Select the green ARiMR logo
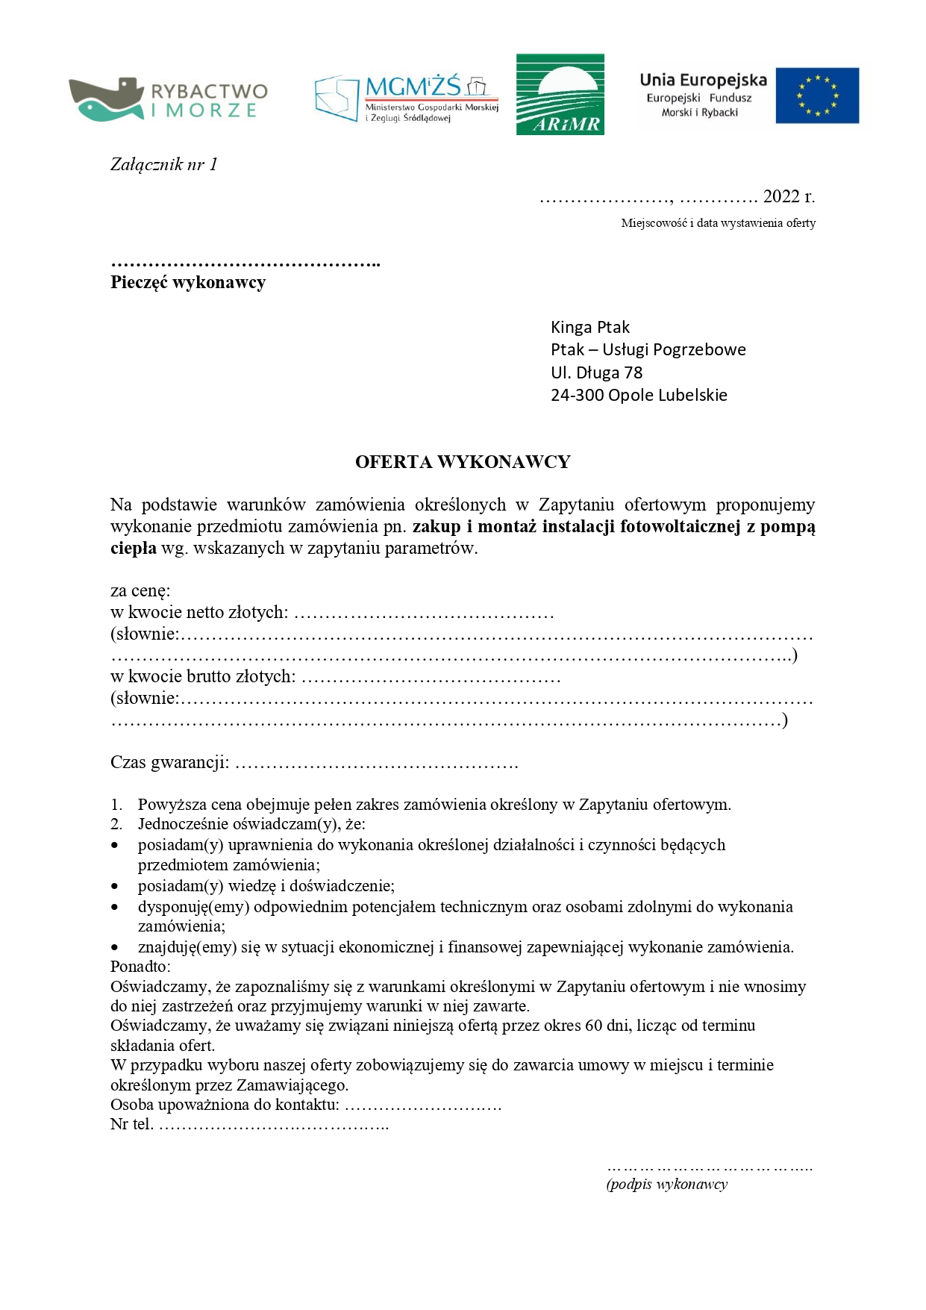pyautogui.click(x=560, y=94)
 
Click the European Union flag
pyautogui.click(x=817, y=96)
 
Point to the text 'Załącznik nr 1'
pyautogui.click(x=164, y=165)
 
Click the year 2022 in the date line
pyautogui.click(x=781, y=196)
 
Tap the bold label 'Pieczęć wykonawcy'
pyautogui.click(x=188, y=282)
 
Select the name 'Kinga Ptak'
pyautogui.click(x=589, y=327)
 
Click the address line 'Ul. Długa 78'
pyautogui.click(x=596, y=372)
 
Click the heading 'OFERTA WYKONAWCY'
pyautogui.click(x=463, y=462)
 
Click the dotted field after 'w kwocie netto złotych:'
pyautogui.click(x=424, y=614)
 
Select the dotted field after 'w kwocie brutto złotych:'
pyautogui.click(x=431, y=679)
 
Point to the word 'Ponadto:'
pyautogui.click(x=140, y=967)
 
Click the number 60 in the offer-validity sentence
pyautogui.click(x=594, y=1026)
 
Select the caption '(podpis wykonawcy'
pyautogui.click(x=666, y=1185)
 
